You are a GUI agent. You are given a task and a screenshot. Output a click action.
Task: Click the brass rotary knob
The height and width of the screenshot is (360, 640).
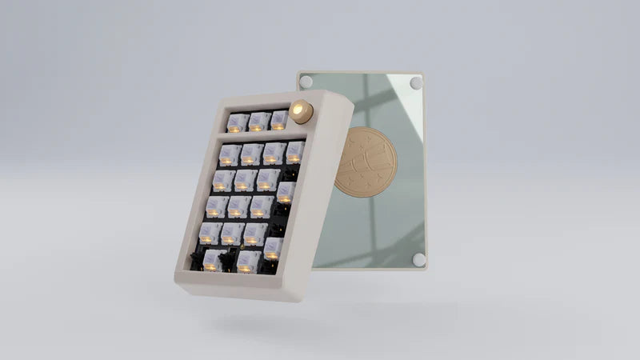(x=302, y=111)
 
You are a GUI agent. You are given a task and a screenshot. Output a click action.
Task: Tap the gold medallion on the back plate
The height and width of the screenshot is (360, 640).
(x=365, y=161)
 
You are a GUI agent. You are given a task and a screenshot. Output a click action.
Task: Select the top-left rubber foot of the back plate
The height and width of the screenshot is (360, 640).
(x=304, y=81)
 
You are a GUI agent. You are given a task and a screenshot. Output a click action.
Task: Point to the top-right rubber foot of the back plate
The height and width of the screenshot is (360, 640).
(x=415, y=82)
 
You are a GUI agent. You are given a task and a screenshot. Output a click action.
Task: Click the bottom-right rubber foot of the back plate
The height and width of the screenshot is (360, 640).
(x=418, y=259)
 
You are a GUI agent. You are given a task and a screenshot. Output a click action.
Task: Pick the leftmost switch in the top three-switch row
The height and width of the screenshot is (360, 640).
(x=237, y=122)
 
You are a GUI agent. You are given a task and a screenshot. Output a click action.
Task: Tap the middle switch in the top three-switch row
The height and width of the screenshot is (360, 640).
(x=258, y=121)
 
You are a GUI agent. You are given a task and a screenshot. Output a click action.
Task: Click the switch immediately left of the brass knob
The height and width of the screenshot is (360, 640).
(x=278, y=120)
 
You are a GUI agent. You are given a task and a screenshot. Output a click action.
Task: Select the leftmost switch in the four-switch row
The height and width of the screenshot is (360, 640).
(x=230, y=154)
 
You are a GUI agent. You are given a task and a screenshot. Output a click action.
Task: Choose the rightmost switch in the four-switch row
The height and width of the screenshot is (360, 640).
(x=294, y=150)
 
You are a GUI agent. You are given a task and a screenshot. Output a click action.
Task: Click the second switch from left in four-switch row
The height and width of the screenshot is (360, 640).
(x=251, y=153)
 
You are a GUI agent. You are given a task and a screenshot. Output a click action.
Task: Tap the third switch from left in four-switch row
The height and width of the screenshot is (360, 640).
(x=273, y=152)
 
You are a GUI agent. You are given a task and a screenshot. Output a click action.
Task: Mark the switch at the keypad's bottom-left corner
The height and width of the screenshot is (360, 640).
(x=212, y=259)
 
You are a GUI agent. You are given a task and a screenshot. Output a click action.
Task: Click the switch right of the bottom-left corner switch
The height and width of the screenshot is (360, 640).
(x=247, y=260)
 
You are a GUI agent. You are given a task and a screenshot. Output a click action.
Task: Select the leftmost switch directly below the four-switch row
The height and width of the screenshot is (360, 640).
(x=223, y=179)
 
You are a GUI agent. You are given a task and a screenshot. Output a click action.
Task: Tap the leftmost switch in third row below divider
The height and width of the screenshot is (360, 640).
(x=217, y=206)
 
